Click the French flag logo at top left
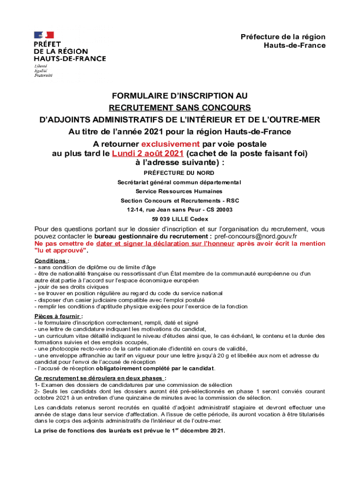click(x=43, y=35)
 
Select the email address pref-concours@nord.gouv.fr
click(x=255, y=237)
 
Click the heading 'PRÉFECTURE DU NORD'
click(x=180, y=173)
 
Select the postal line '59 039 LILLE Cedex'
click(x=180, y=219)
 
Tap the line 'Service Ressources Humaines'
click(x=179, y=191)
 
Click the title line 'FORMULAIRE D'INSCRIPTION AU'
click(x=180, y=96)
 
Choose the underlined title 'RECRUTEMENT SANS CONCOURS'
click(x=180, y=108)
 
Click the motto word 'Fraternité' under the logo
click(x=43, y=75)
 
